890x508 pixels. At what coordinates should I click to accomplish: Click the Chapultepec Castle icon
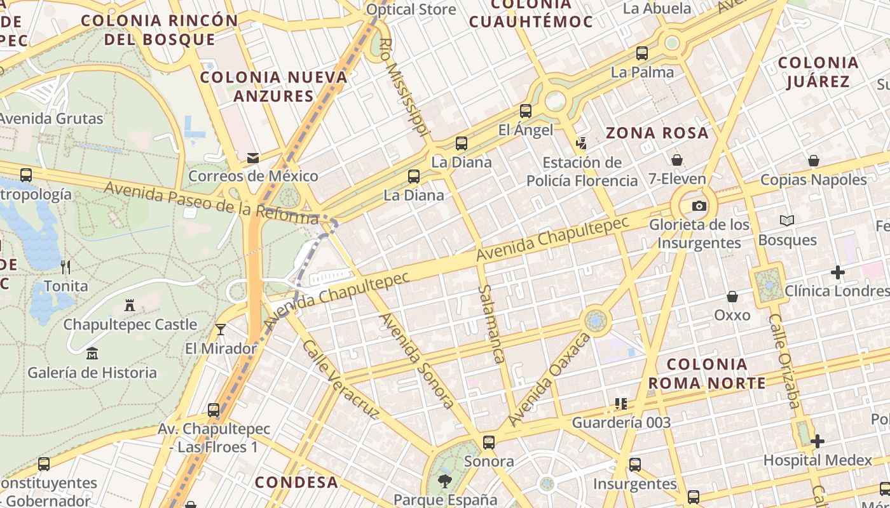click(x=130, y=305)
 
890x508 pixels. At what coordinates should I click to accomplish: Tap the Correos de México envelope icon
click(x=253, y=157)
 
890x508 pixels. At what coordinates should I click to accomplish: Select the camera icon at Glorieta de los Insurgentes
click(x=699, y=206)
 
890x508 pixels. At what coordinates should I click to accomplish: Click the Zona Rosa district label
click(x=657, y=133)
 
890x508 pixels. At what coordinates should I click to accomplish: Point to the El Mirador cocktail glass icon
click(x=221, y=329)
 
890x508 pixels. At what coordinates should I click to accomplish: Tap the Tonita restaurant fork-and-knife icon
click(x=65, y=267)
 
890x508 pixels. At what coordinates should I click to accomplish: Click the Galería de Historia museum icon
click(x=92, y=353)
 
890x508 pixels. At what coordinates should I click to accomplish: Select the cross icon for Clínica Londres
click(x=838, y=272)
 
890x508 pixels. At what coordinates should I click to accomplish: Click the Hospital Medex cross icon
click(x=818, y=441)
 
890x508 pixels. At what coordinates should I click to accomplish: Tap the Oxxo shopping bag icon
click(x=732, y=297)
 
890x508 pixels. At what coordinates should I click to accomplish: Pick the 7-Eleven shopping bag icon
click(x=677, y=159)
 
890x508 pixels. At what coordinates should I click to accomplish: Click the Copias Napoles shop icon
click(x=813, y=161)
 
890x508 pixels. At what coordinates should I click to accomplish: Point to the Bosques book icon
click(x=787, y=220)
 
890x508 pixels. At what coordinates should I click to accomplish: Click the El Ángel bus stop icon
click(x=526, y=111)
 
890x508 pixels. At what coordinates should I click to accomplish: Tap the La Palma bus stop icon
click(x=642, y=53)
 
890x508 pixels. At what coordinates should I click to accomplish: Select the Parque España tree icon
click(x=445, y=481)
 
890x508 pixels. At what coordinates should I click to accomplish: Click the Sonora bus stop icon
click(x=488, y=442)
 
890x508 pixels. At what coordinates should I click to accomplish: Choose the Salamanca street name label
click(x=491, y=324)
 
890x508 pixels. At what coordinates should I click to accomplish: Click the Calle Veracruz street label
click(x=339, y=380)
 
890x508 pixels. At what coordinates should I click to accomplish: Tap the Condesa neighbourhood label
click(x=296, y=482)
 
